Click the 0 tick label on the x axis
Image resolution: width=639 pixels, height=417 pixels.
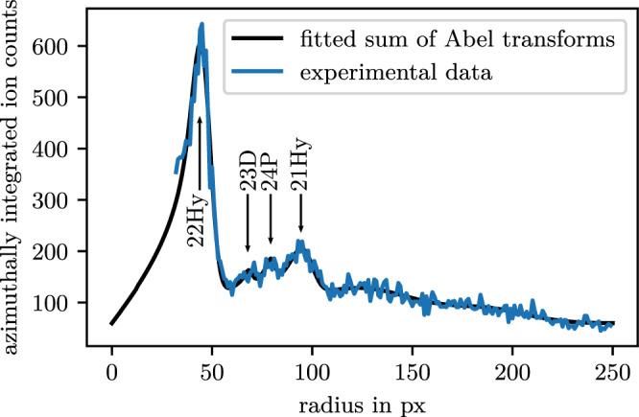[111, 370]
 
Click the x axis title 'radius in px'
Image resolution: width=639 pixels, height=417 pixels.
[362, 401]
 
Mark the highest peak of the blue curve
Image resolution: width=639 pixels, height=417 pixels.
[201, 24]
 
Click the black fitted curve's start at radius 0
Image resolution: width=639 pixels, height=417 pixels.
[111, 324]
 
